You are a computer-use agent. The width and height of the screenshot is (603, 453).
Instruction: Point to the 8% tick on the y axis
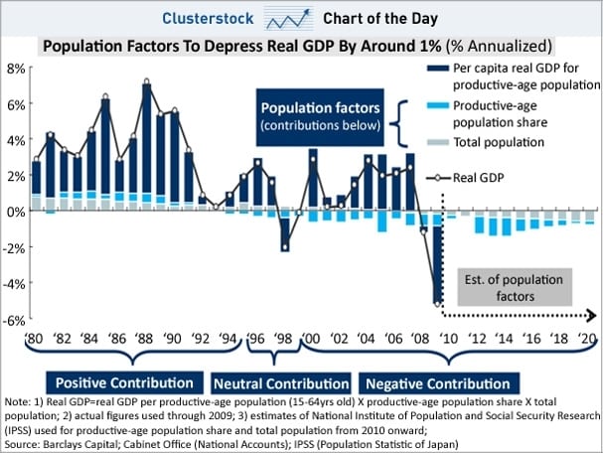coord(17,68)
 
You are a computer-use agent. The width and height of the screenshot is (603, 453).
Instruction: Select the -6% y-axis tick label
coord(15,319)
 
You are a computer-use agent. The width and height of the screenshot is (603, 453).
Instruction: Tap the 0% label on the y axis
coord(17,212)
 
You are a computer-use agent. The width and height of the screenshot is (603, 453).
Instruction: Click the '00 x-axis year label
coord(313,340)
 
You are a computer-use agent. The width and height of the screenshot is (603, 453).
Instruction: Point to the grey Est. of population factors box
coord(517,288)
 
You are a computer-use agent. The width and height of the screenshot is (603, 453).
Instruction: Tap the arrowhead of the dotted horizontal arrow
coord(592,316)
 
